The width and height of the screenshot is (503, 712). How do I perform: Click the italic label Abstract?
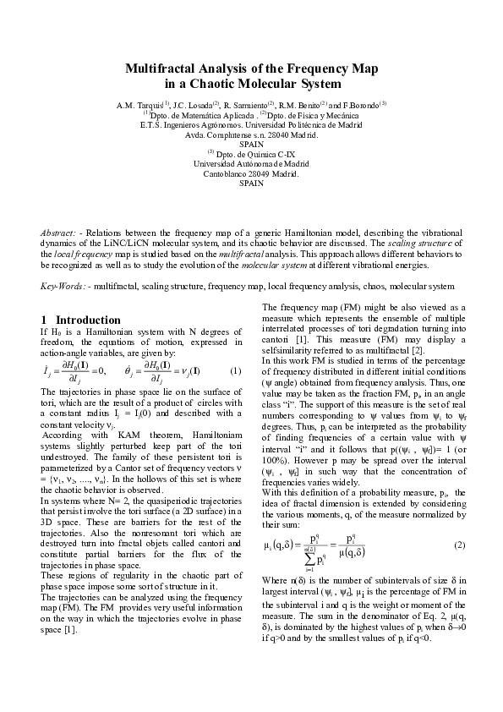(x=59, y=232)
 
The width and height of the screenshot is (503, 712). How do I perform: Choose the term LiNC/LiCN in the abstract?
(x=188, y=243)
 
